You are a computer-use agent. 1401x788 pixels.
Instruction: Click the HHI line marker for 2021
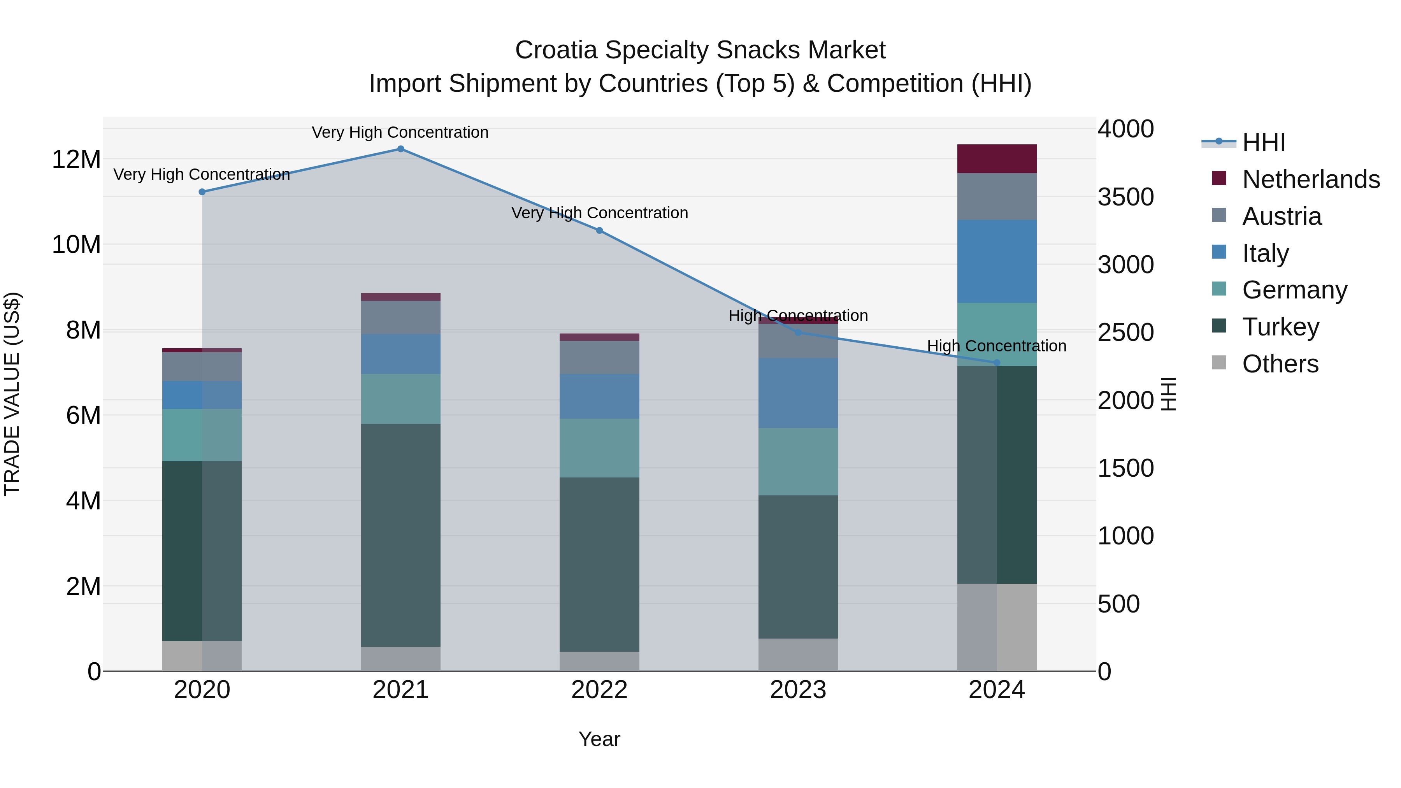[x=400, y=149]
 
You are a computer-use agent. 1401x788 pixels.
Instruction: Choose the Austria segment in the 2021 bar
[x=400, y=317]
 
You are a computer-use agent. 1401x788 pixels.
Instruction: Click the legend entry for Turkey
[x=1280, y=327]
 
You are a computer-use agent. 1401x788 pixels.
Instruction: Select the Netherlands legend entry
[x=1311, y=179]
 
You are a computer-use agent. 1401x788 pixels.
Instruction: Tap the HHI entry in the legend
[x=1263, y=142]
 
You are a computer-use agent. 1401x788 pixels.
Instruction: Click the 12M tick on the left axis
[x=76, y=159]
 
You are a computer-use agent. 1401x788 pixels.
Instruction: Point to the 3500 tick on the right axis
[x=1125, y=197]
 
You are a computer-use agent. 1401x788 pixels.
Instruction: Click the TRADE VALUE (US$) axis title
[x=12, y=394]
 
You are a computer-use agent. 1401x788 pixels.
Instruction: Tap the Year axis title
[x=599, y=739]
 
